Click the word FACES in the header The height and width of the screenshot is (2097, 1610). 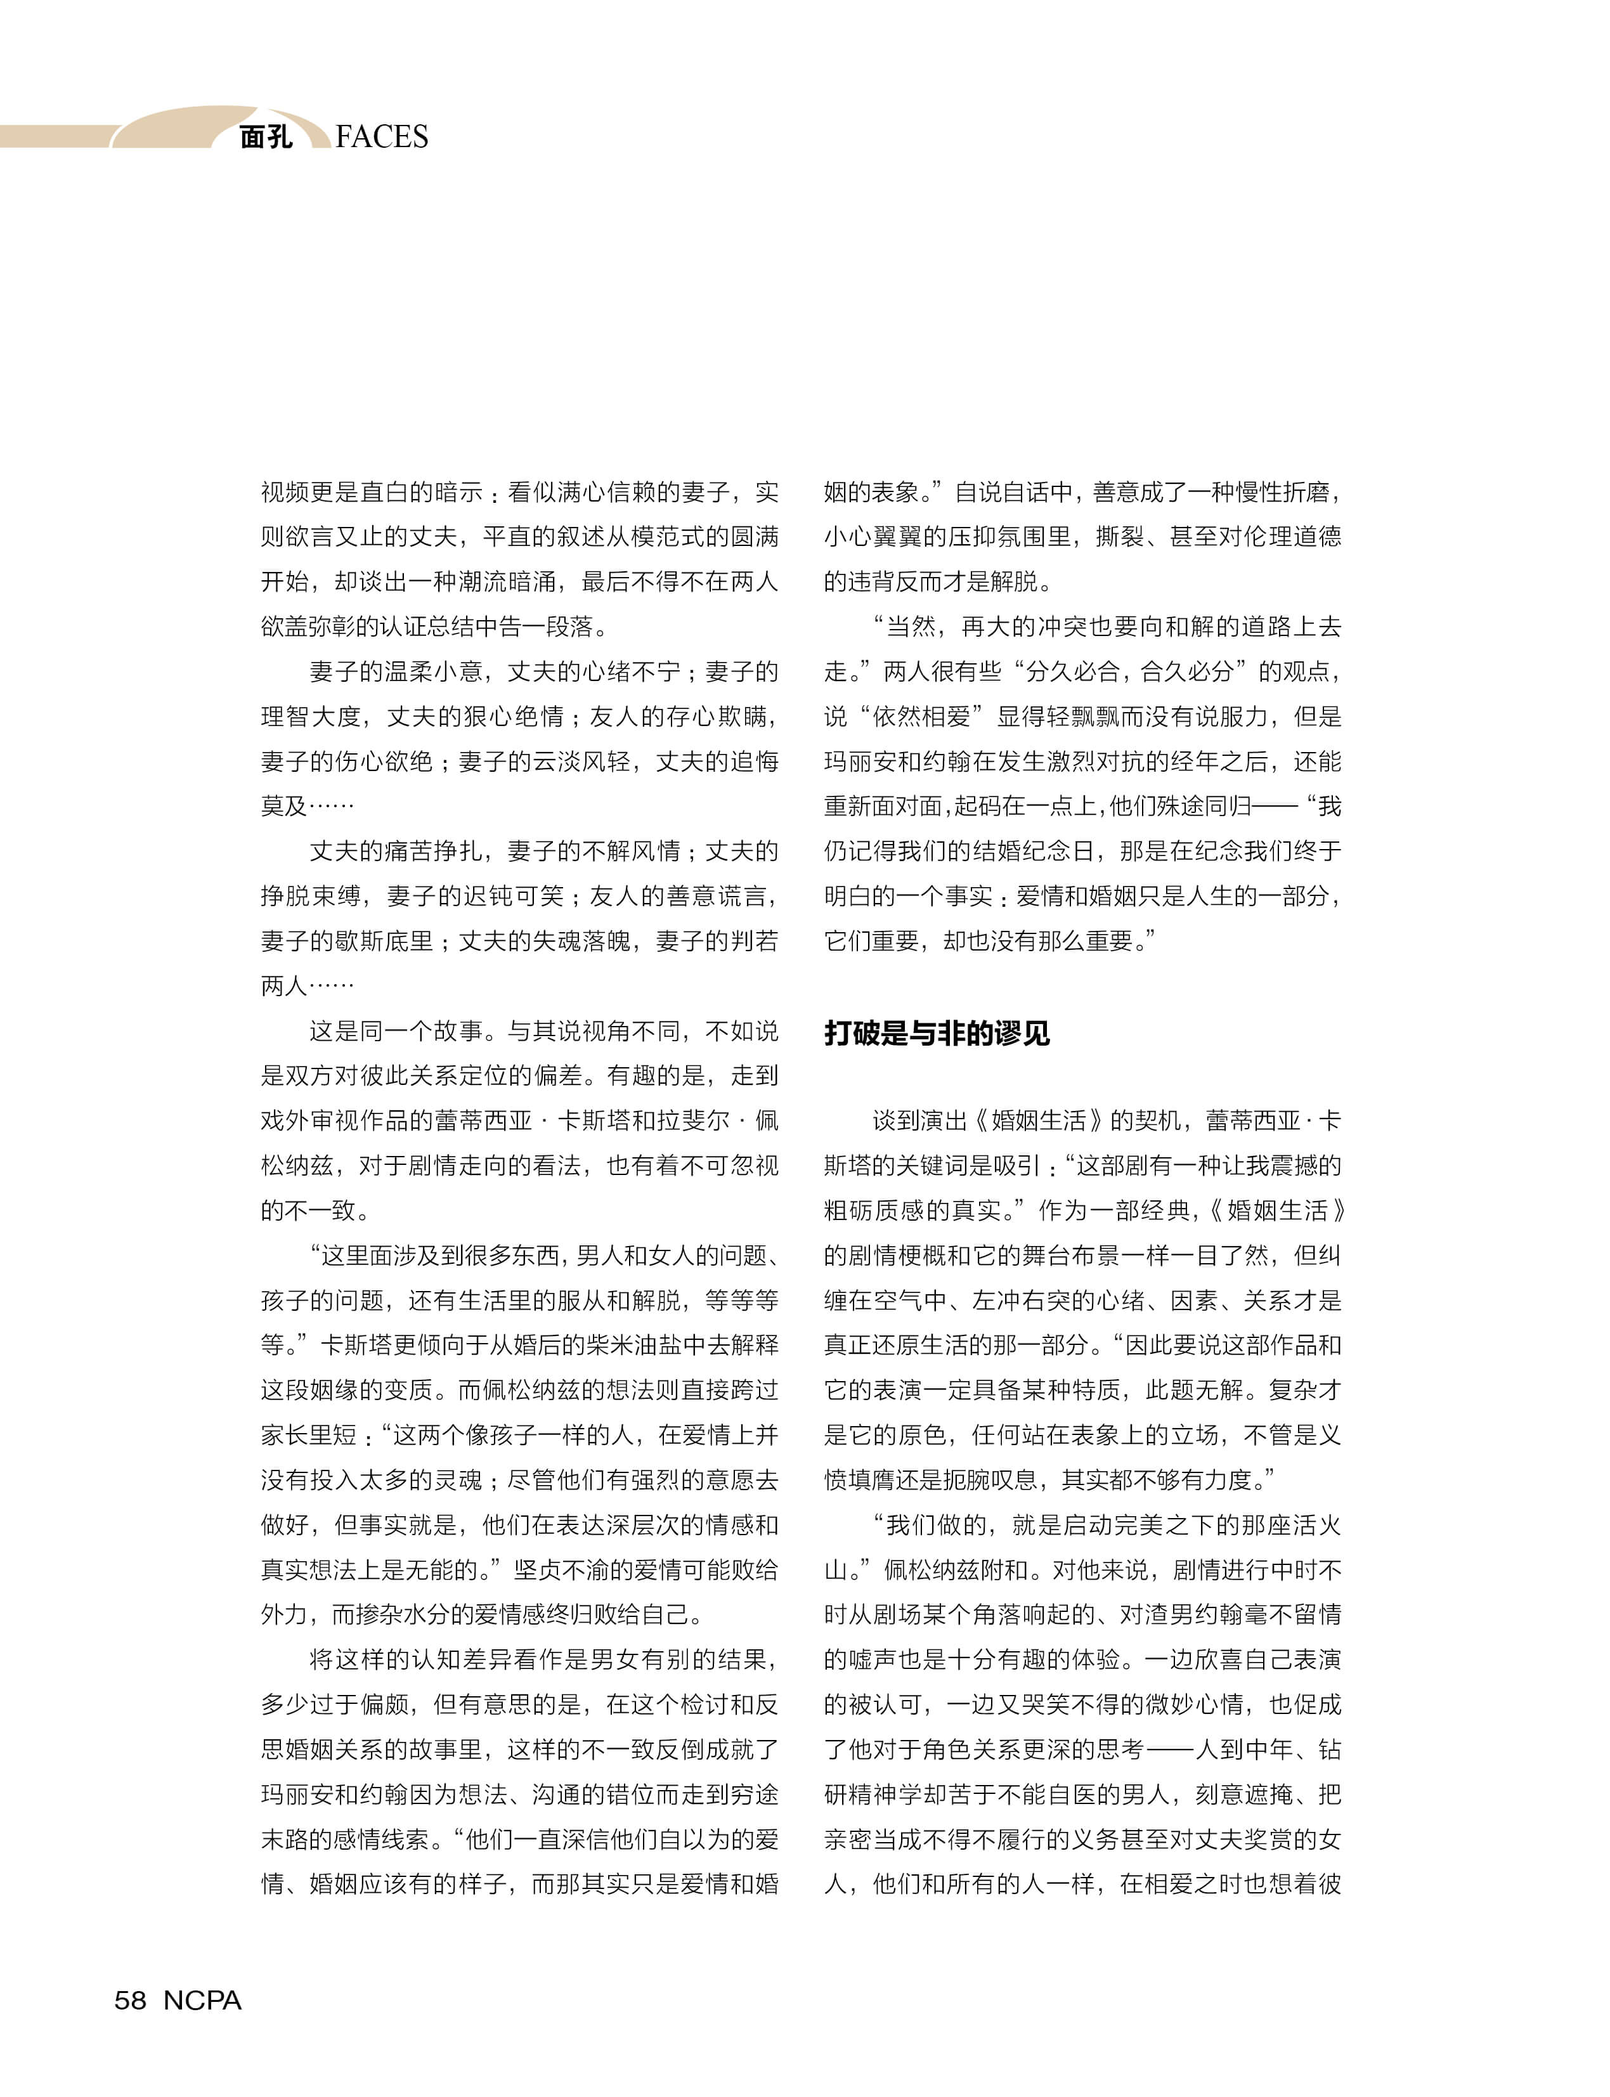(x=382, y=137)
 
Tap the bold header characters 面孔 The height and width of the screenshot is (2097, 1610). (x=266, y=137)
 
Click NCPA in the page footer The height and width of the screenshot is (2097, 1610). (x=202, y=2000)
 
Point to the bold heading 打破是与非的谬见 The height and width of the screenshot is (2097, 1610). (x=937, y=1033)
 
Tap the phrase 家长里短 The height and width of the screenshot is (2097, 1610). (x=309, y=1435)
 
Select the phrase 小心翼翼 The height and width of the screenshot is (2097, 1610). (x=872, y=536)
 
